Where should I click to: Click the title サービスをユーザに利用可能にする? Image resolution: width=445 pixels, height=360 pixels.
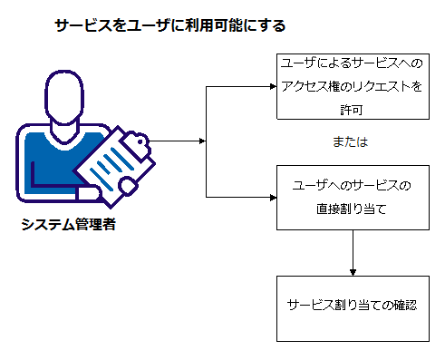coord(170,25)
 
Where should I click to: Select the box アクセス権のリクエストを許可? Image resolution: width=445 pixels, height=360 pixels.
coord(352,87)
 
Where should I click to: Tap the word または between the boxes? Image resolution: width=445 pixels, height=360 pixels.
coord(352,143)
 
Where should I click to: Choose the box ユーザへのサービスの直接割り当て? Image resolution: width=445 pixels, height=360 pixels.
coord(352,197)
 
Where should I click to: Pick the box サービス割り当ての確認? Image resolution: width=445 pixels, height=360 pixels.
coord(352,306)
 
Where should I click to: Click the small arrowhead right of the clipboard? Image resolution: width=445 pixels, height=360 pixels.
coord(202,141)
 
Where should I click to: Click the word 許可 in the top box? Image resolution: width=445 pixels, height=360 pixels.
coord(352,107)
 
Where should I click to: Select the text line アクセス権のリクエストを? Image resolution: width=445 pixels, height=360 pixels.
coord(352,87)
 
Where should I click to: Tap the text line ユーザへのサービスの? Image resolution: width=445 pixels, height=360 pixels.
coord(352,186)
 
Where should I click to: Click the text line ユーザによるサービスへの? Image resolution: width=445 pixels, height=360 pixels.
coord(352,66)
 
